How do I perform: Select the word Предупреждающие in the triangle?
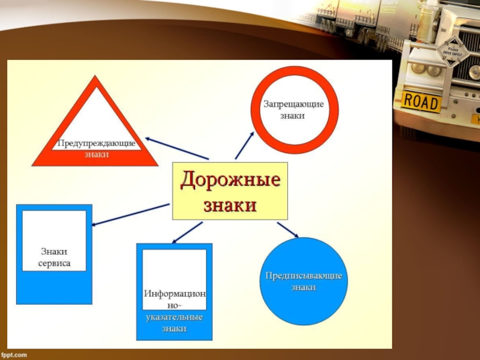tap(97, 143)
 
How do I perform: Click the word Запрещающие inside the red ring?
tap(294, 104)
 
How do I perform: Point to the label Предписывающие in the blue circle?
tap(304, 275)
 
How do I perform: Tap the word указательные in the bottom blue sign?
tap(174, 317)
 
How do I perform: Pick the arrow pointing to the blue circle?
tap(287, 229)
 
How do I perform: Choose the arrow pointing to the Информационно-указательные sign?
tap(187, 232)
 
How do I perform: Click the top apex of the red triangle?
tap(95, 78)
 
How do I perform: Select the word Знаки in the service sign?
tap(55, 251)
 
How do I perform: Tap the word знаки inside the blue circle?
tap(304, 287)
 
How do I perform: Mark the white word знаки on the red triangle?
tap(96, 155)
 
